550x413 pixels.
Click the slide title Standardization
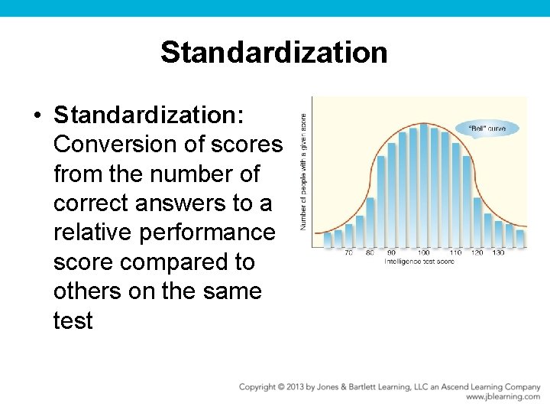[x=274, y=53]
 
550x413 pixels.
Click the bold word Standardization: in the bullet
[x=149, y=115]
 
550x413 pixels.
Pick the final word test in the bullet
[x=73, y=320]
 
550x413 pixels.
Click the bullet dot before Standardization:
[x=37, y=115]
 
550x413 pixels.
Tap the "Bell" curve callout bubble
[x=487, y=128]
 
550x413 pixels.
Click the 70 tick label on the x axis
[x=348, y=253]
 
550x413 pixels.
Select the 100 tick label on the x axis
[x=422, y=253]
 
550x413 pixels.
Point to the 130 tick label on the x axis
[x=498, y=253]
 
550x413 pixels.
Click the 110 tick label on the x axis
[x=455, y=253]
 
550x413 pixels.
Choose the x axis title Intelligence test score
[x=419, y=262]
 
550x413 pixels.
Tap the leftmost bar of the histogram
[x=328, y=239]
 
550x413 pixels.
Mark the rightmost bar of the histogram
[x=520, y=236]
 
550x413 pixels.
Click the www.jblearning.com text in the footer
[x=503, y=397]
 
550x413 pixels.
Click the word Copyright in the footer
[x=257, y=387]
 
